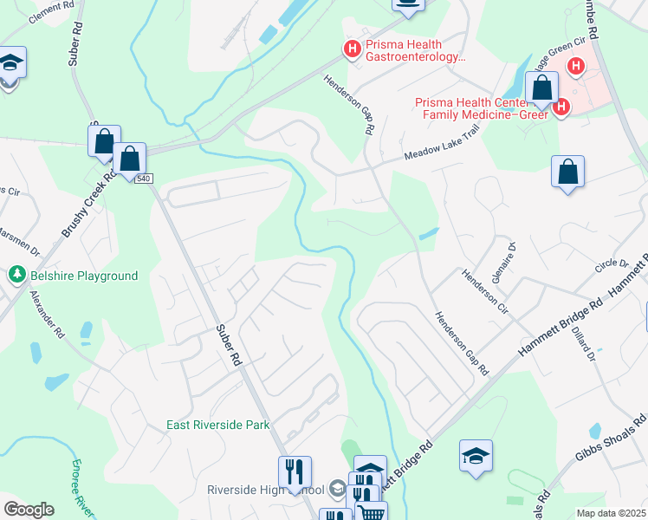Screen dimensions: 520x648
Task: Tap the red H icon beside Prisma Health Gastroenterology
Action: [353, 49]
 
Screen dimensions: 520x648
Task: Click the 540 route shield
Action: [144, 179]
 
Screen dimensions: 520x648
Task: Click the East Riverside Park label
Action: [218, 425]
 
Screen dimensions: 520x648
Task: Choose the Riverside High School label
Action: [265, 490]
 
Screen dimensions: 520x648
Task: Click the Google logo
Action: [29, 510]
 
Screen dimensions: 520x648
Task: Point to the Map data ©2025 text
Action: [611, 513]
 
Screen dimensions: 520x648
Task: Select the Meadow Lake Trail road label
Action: [442, 154]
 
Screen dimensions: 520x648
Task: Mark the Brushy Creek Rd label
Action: [89, 205]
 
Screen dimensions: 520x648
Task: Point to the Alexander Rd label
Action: [48, 314]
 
